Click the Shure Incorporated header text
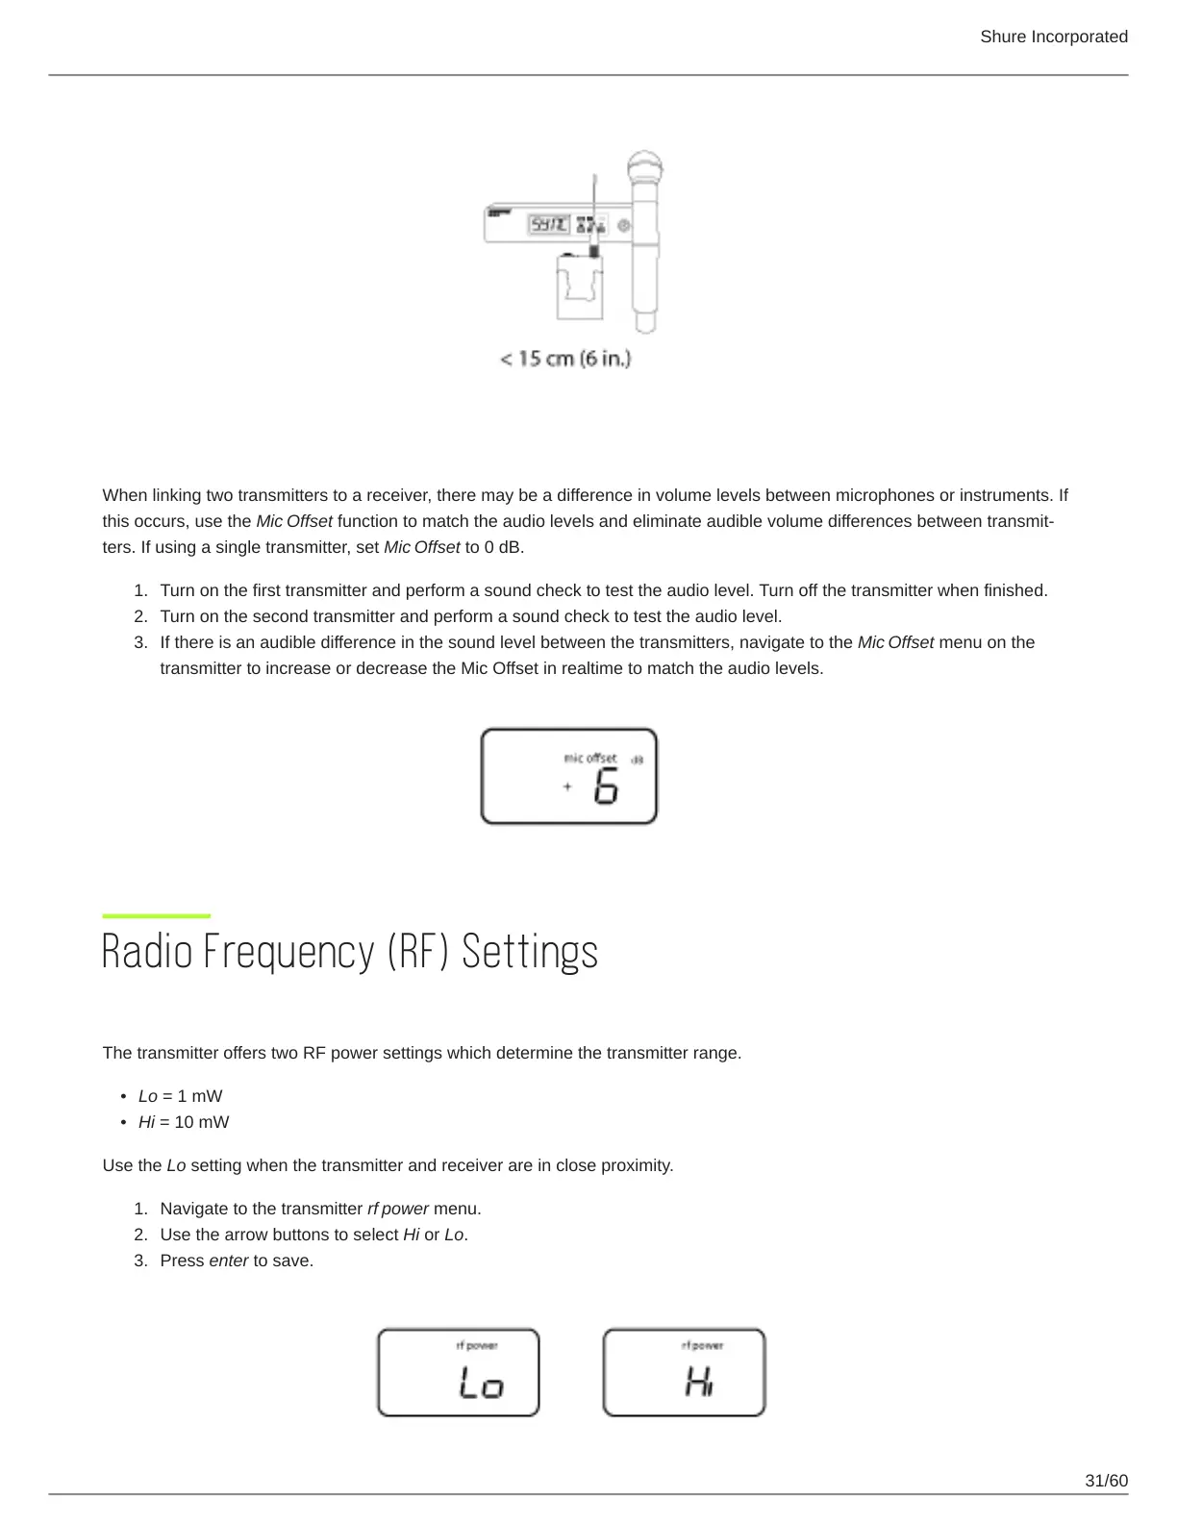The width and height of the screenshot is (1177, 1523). click(1053, 37)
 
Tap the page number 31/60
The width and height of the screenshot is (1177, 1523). click(1106, 1481)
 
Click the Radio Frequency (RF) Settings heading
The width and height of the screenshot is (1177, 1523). click(350, 952)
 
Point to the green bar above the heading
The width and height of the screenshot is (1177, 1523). click(156, 915)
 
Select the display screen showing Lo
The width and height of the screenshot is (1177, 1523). click(458, 1372)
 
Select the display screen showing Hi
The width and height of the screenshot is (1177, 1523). click(684, 1372)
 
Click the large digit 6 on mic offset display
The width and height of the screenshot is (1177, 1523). click(606, 787)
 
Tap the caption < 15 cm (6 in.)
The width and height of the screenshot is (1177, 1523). click(565, 359)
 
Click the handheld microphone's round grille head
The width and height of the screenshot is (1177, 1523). click(645, 166)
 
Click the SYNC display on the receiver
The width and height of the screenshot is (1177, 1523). click(549, 224)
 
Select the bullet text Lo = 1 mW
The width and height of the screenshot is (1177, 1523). click(180, 1096)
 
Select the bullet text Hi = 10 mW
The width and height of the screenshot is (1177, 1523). click(184, 1122)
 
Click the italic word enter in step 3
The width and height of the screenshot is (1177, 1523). click(229, 1261)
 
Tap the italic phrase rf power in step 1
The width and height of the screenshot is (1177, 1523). click(398, 1209)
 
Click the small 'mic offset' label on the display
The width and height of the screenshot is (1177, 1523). click(589, 758)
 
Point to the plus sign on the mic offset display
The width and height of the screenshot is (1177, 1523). click(567, 786)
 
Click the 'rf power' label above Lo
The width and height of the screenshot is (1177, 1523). click(477, 1345)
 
